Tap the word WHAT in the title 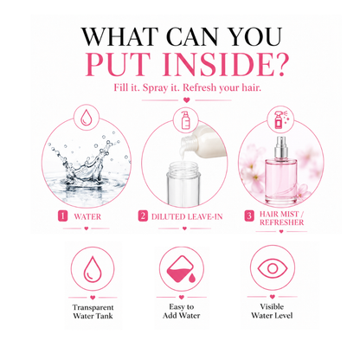click(x=120, y=36)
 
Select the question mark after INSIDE click(x=280, y=63)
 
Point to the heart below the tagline click(x=187, y=100)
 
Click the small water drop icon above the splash click(x=86, y=119)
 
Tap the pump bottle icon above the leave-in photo click(x=185, y=120)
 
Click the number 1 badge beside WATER click(x=62, y=215)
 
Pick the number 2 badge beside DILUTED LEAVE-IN click(x=143, y=215)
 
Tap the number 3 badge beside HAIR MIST click(x=249, y=215)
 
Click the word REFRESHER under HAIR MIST click(x=282, y=222)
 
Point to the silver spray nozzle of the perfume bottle click(x=281, y=147)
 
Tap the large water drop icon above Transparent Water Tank click(x=93, y=269)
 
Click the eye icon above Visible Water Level click(x=273, y=269)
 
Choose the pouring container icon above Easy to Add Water click(x=182, y=269)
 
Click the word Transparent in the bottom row click(x=93, y=307)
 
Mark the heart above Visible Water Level click(x=273, y=297)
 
